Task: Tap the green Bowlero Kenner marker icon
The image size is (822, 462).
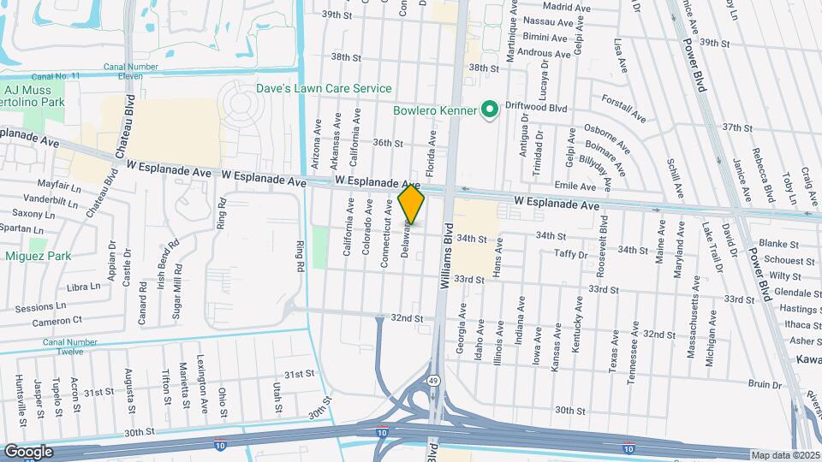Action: pos(491,110)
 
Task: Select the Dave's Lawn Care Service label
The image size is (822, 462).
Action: pos(325,88)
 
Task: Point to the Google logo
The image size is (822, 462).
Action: pos(28,451)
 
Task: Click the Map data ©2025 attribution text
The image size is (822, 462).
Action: pos(785,455)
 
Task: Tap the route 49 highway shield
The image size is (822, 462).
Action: pos(435,381)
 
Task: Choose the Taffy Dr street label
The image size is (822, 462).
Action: pos(570,254)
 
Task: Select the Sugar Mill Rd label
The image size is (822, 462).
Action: pos(177,289)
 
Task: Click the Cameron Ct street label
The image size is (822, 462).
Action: pos(58,320)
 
